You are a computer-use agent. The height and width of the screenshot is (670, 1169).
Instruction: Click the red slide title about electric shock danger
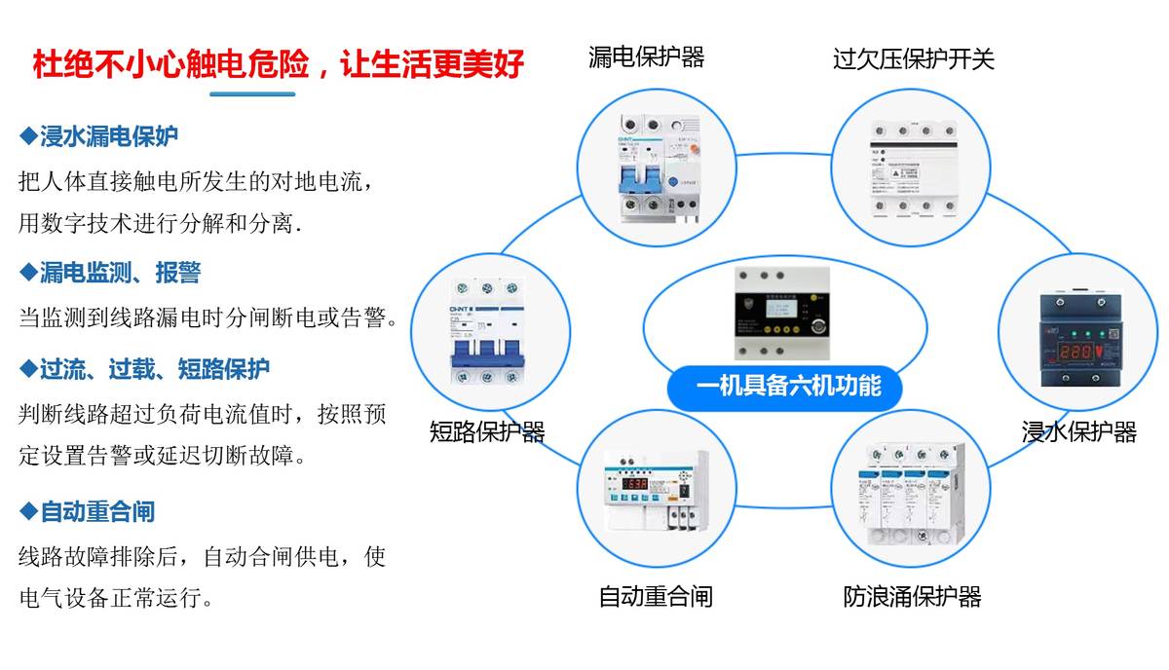(279, 64)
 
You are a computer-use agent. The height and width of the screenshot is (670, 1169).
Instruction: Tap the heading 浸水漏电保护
(99, 135)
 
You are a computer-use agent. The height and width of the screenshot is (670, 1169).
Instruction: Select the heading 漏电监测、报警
(110, 273)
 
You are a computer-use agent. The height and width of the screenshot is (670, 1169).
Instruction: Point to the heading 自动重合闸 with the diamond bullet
(88, 511)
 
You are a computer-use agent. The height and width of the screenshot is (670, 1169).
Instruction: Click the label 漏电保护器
(646, 56)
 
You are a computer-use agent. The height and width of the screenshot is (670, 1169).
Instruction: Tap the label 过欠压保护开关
(913, 58)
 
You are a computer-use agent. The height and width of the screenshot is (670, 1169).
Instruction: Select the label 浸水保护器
(1078, 431)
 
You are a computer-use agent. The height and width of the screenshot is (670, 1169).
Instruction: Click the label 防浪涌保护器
(912, 596)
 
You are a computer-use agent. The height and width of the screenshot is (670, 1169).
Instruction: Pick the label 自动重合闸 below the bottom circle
(655, 596)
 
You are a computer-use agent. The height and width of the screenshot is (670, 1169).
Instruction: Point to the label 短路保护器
(487, 431)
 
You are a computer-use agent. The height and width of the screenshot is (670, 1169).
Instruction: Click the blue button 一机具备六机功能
(788, 387)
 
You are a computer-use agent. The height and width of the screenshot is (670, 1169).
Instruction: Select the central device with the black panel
(785, 312)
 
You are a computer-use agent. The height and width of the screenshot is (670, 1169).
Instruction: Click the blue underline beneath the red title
(252, 94)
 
